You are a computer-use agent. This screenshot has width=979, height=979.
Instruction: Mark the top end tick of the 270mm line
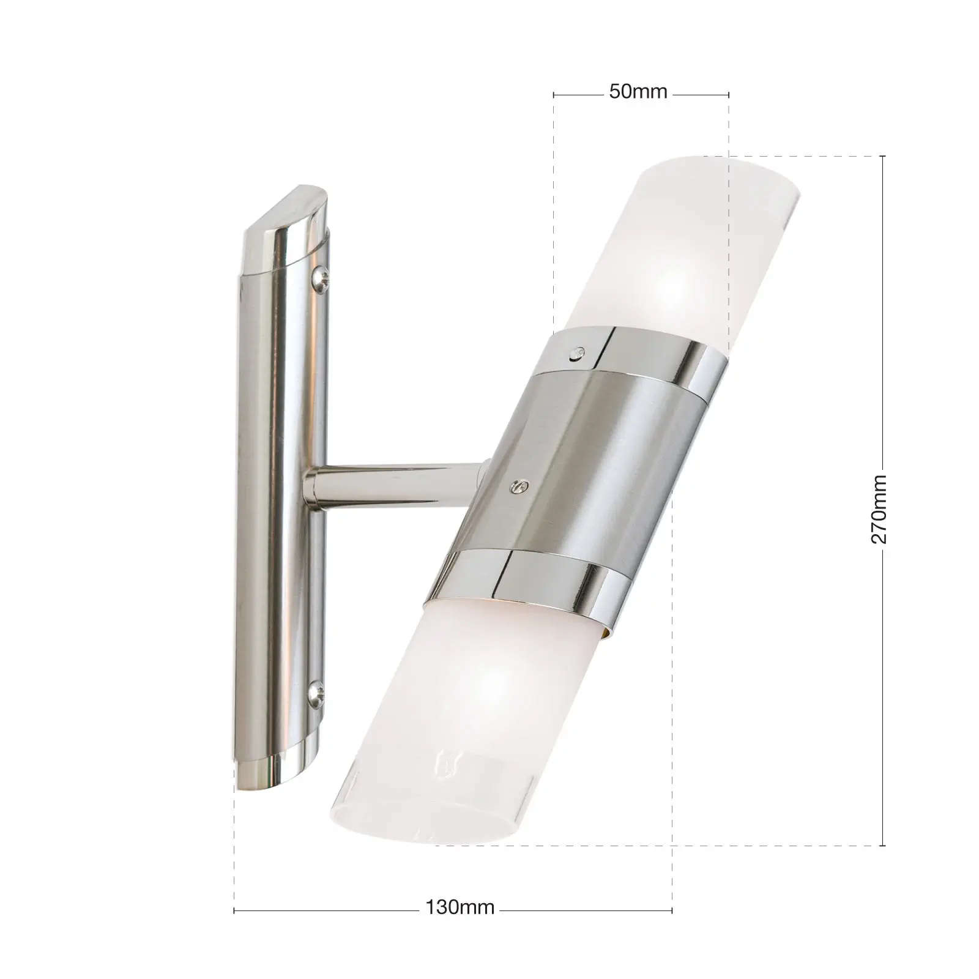coord(882,156)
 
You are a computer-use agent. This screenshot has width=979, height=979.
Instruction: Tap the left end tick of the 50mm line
coord(554,94)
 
